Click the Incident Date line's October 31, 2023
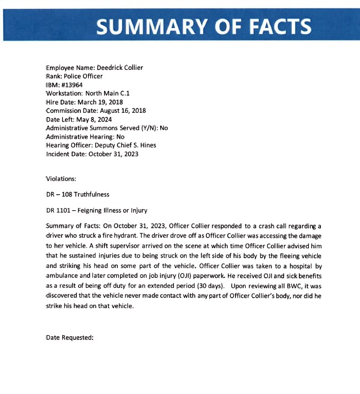(x=113, y=154)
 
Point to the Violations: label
(x=62, y=178)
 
